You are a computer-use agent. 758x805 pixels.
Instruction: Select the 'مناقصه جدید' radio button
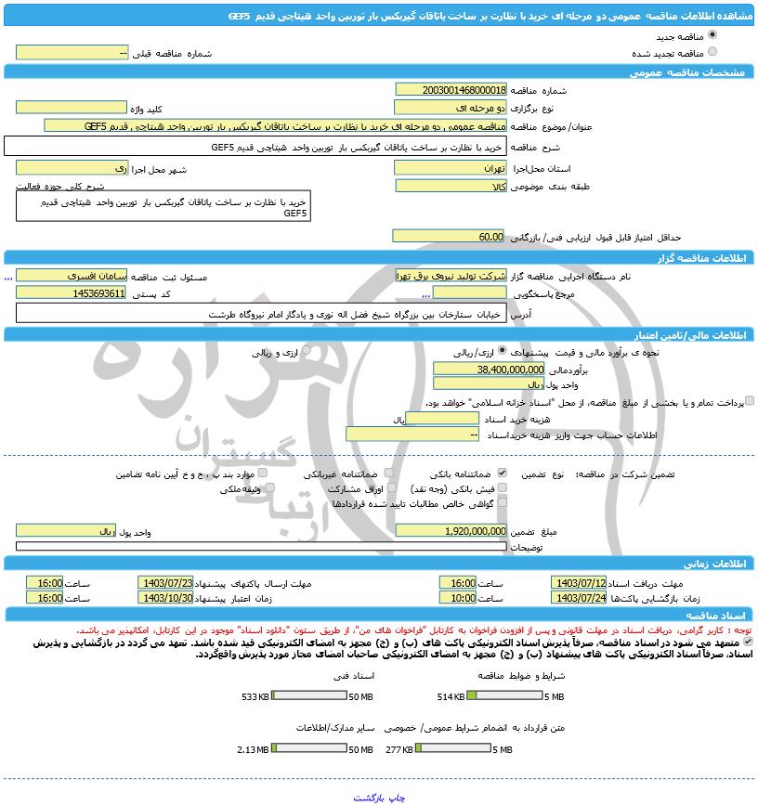point(712,35)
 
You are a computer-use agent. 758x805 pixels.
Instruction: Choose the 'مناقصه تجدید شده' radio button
point(712,52)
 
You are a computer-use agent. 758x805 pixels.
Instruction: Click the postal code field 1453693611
point(72,293)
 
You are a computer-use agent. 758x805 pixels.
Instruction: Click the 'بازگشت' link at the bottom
point(369,797)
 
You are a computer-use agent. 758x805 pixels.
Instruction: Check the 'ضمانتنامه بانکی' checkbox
point(503,474)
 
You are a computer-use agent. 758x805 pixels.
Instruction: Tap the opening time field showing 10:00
point(458,598)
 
